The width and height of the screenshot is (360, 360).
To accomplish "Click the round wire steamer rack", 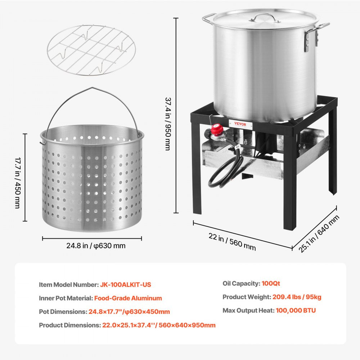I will pos(91,50).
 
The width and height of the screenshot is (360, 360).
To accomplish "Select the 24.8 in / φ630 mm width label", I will pos(96,246).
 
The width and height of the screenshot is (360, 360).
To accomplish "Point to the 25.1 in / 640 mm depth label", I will pos(319,234).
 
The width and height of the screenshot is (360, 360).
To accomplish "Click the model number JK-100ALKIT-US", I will pos(125,284).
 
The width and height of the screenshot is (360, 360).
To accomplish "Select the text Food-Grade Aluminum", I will pos(128,298).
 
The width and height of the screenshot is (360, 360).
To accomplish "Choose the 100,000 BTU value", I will pos(296,310).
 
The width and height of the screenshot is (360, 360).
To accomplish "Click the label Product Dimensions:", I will pos(70,325).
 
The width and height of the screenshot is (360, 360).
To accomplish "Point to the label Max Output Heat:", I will pos(248,310).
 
